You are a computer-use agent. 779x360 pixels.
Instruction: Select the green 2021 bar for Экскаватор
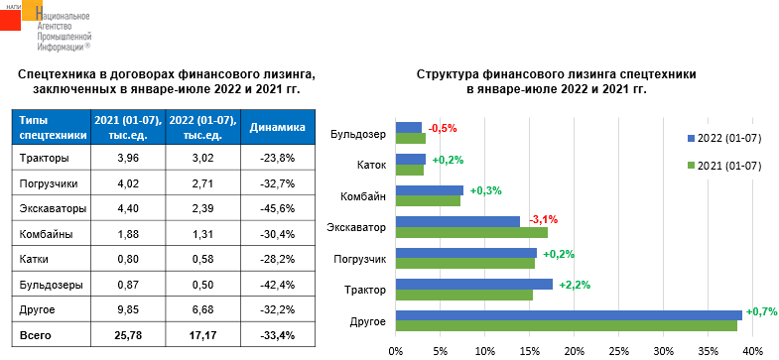471,232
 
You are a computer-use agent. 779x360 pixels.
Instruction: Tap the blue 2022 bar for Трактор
473,284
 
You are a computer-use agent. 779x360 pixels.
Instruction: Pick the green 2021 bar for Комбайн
428,200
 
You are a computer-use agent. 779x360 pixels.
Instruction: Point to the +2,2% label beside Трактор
575,285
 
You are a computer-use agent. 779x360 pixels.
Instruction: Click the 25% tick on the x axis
618,350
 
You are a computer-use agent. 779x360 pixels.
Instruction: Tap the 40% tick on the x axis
751,350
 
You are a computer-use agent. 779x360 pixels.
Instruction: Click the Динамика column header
278,128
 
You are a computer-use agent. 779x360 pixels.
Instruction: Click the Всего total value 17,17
202,336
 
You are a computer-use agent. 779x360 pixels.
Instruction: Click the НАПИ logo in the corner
22,17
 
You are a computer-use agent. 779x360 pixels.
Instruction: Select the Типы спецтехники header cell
49,127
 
